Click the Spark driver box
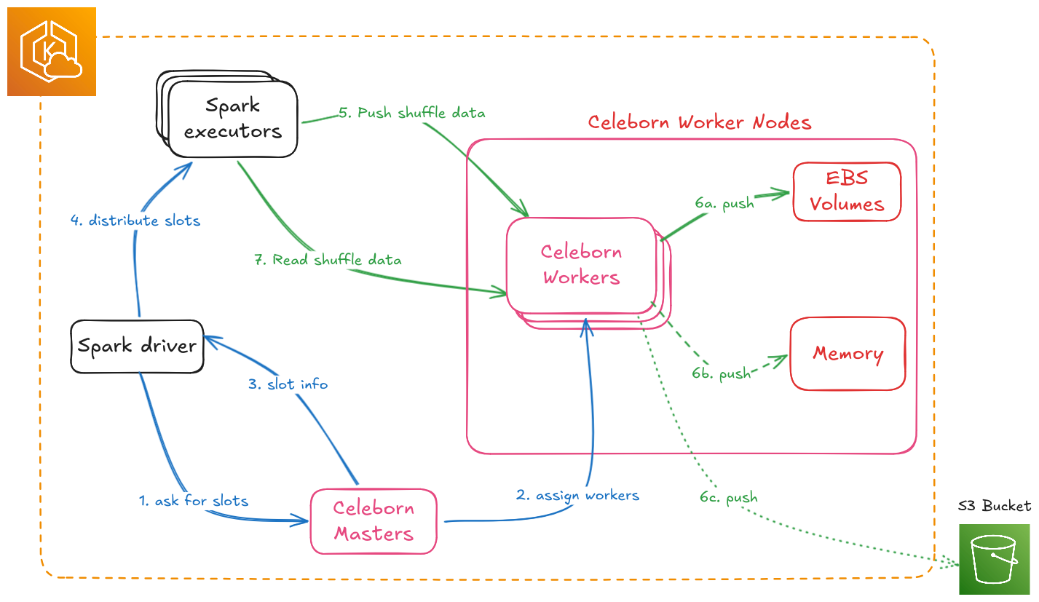click(x=137, y=346)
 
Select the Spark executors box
click(x=232, y=119)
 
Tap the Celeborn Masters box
click(x=374, y=521)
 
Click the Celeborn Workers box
click(x=581, y=265)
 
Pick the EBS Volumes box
click(x=847, y=191)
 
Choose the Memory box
click(x=848, y=354)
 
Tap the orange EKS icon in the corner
click(x=51, y=52)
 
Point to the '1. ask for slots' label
click(x=194, y=501)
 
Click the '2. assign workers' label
click(x=577, y=496)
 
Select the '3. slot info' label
click(x=288, y=384)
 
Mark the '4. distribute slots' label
click(x=135, y=221)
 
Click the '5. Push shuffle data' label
click(x=411, y=113)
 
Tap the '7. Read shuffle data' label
click(x=328, y=260)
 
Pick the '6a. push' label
click(x=724, y=204)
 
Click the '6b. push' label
click(x=721, y=374)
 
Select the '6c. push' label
click(x=729, y=498)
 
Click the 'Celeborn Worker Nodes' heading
click(x=699, y=122)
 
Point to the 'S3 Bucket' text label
click(x=994, y=506)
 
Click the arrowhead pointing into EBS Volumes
click(x=785, y=193)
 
